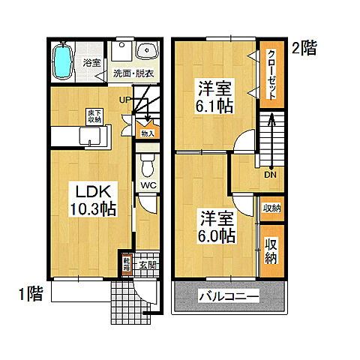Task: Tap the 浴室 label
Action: click(x=91, y=63)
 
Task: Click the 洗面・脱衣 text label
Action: click(x=133, y=73)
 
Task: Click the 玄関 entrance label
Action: click(x=148, y=265)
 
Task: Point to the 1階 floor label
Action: click(x=30, y=293)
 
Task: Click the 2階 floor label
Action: click(x=304, y=50)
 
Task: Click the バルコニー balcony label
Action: click(x=229, y=297)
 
